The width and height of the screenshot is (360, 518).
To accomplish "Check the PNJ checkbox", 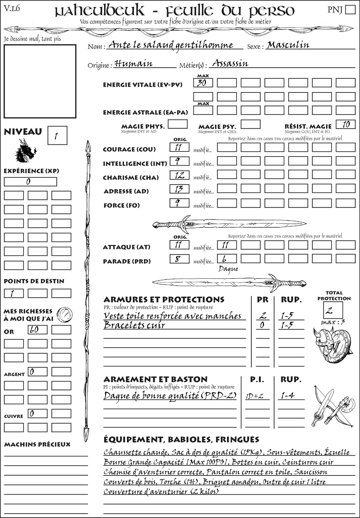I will (350, 9).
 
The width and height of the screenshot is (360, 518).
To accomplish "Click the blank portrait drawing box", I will (40, 81).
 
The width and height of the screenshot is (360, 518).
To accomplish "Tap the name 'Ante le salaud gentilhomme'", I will (171, 45).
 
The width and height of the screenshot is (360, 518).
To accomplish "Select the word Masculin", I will (288, 45).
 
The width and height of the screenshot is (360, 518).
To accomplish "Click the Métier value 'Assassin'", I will (230, 64).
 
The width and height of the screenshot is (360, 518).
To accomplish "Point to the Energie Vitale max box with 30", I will (203, 83).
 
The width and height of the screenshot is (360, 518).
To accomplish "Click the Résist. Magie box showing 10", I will (346, 124).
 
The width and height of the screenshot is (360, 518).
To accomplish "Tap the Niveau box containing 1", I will (57, 136).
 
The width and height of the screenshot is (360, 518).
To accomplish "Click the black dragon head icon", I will (25, 151).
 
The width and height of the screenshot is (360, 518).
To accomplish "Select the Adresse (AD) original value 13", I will (179, 189).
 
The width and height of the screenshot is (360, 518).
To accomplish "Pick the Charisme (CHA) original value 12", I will (179, 175).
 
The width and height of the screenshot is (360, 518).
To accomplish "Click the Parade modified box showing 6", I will (226, 259).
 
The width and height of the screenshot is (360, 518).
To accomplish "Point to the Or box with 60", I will (37, 330).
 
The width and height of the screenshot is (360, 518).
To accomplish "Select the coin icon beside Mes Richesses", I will (65, 314).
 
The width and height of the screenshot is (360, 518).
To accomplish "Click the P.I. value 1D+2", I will (255, 396).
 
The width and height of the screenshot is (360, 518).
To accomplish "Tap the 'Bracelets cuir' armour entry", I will (134, 325).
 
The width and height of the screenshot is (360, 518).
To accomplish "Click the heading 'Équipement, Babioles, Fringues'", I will (181, 440).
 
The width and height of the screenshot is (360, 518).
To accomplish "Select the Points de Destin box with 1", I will (14, 293).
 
